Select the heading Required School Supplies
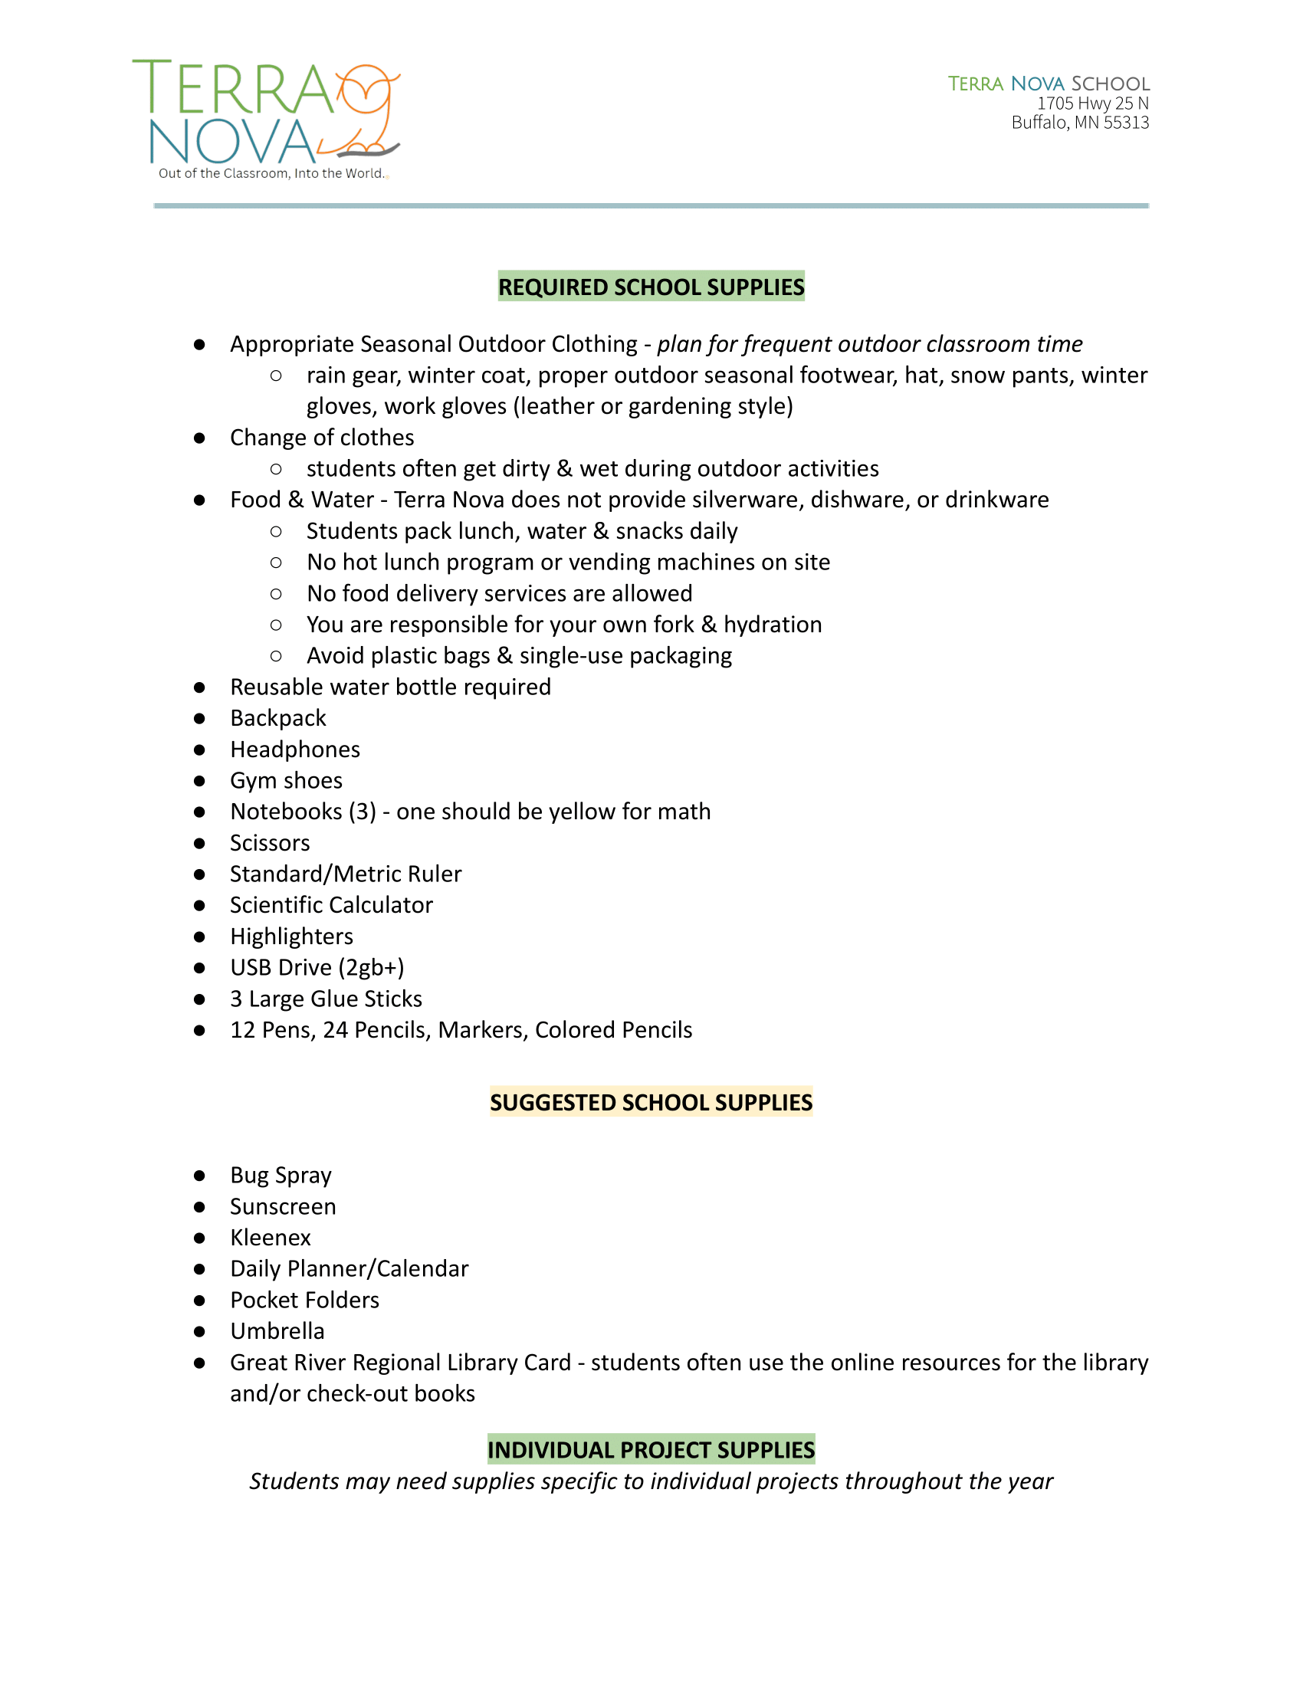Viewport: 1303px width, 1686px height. coord(651,287)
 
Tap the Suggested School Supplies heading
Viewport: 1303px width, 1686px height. coord(651,1102)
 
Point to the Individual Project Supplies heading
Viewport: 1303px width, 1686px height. coord(651,1450)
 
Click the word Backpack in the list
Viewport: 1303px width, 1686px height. coord(278,719)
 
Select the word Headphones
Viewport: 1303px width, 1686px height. coord(295,750)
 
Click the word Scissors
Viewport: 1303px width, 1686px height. coord(269,843)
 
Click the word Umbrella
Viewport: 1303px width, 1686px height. coord(277,1332)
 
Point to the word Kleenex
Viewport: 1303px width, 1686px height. coord(270,1238)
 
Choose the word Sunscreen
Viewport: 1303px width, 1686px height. coord(283,1207)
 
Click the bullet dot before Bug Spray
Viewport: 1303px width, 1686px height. coord(199,1176)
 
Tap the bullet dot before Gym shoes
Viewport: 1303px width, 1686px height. coord(199,781)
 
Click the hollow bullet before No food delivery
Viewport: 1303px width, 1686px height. coord(276,594)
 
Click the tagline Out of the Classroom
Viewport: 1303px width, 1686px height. coord(271,174)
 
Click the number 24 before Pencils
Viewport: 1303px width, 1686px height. coord(335,1031)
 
